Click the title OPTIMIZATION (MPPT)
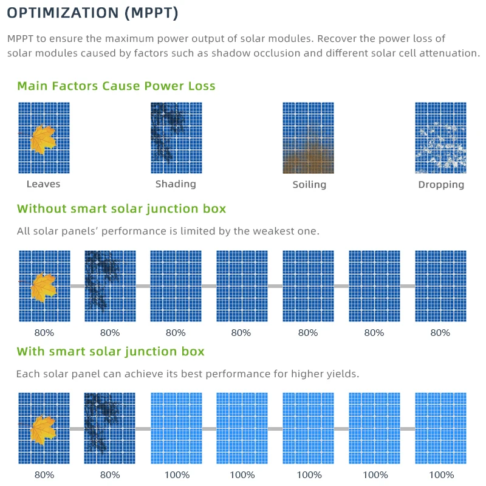[x=93, y=13]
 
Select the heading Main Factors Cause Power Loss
[x=116, y=86]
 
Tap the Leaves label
[x=44, y=183]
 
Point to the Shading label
[x=176, y=183]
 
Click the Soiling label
[x=309, y=184]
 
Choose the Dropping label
[x=441, y=184]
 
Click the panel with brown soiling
[x=309, y=138]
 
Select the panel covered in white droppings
[x=440, y=138]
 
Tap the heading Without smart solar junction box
[x=122, y=209]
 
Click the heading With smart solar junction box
[x=111, y=351]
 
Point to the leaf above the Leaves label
[x=43, y=139]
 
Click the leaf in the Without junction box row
[x=43, y=287]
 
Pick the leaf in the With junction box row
[x=43, y=429]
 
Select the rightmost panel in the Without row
[x=440, y=286]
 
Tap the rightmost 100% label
[x=440, y=474]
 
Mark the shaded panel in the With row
[x=109, y=428]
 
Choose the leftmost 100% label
[x=176, y=474]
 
